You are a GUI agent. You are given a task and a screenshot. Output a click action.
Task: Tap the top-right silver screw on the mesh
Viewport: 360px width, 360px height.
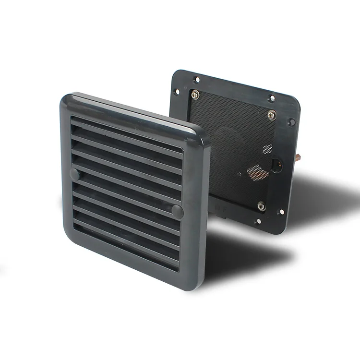272,114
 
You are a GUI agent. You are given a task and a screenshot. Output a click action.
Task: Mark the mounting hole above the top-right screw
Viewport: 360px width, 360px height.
272,99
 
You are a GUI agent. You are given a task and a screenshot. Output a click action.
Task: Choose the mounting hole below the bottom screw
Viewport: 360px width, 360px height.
259,222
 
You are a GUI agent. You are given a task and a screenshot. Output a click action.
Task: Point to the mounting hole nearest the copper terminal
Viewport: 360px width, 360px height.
290,122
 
